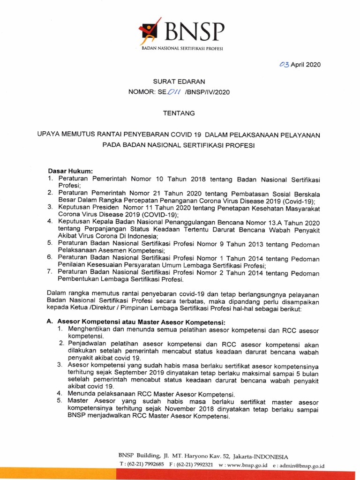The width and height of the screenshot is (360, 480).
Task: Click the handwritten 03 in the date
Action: [x=284, y=65]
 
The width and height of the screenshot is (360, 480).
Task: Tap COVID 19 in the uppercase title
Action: [x=187, y=135]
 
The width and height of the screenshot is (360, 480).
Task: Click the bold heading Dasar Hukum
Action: [x=71, y=171]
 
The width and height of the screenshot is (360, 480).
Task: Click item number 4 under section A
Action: [x=60, y=393]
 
